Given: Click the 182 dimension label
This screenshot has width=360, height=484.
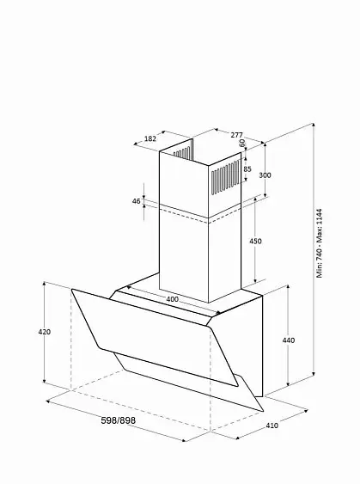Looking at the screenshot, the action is point(150,138).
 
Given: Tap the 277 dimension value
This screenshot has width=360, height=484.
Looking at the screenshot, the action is point(236,135).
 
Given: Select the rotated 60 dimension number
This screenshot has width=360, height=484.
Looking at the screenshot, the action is point(242,143).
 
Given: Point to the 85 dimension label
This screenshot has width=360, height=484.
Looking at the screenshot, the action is point(247,168).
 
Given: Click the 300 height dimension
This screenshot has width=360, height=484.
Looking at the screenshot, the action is point(265,175).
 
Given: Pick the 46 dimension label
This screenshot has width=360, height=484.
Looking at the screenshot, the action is point(136,201).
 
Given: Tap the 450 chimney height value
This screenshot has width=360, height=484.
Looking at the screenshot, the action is point(255,241).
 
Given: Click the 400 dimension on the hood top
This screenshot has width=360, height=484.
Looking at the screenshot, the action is point(172,299).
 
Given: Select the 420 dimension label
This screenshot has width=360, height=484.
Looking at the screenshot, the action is point(44,332).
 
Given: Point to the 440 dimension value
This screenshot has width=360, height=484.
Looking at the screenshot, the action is point(289,340).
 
